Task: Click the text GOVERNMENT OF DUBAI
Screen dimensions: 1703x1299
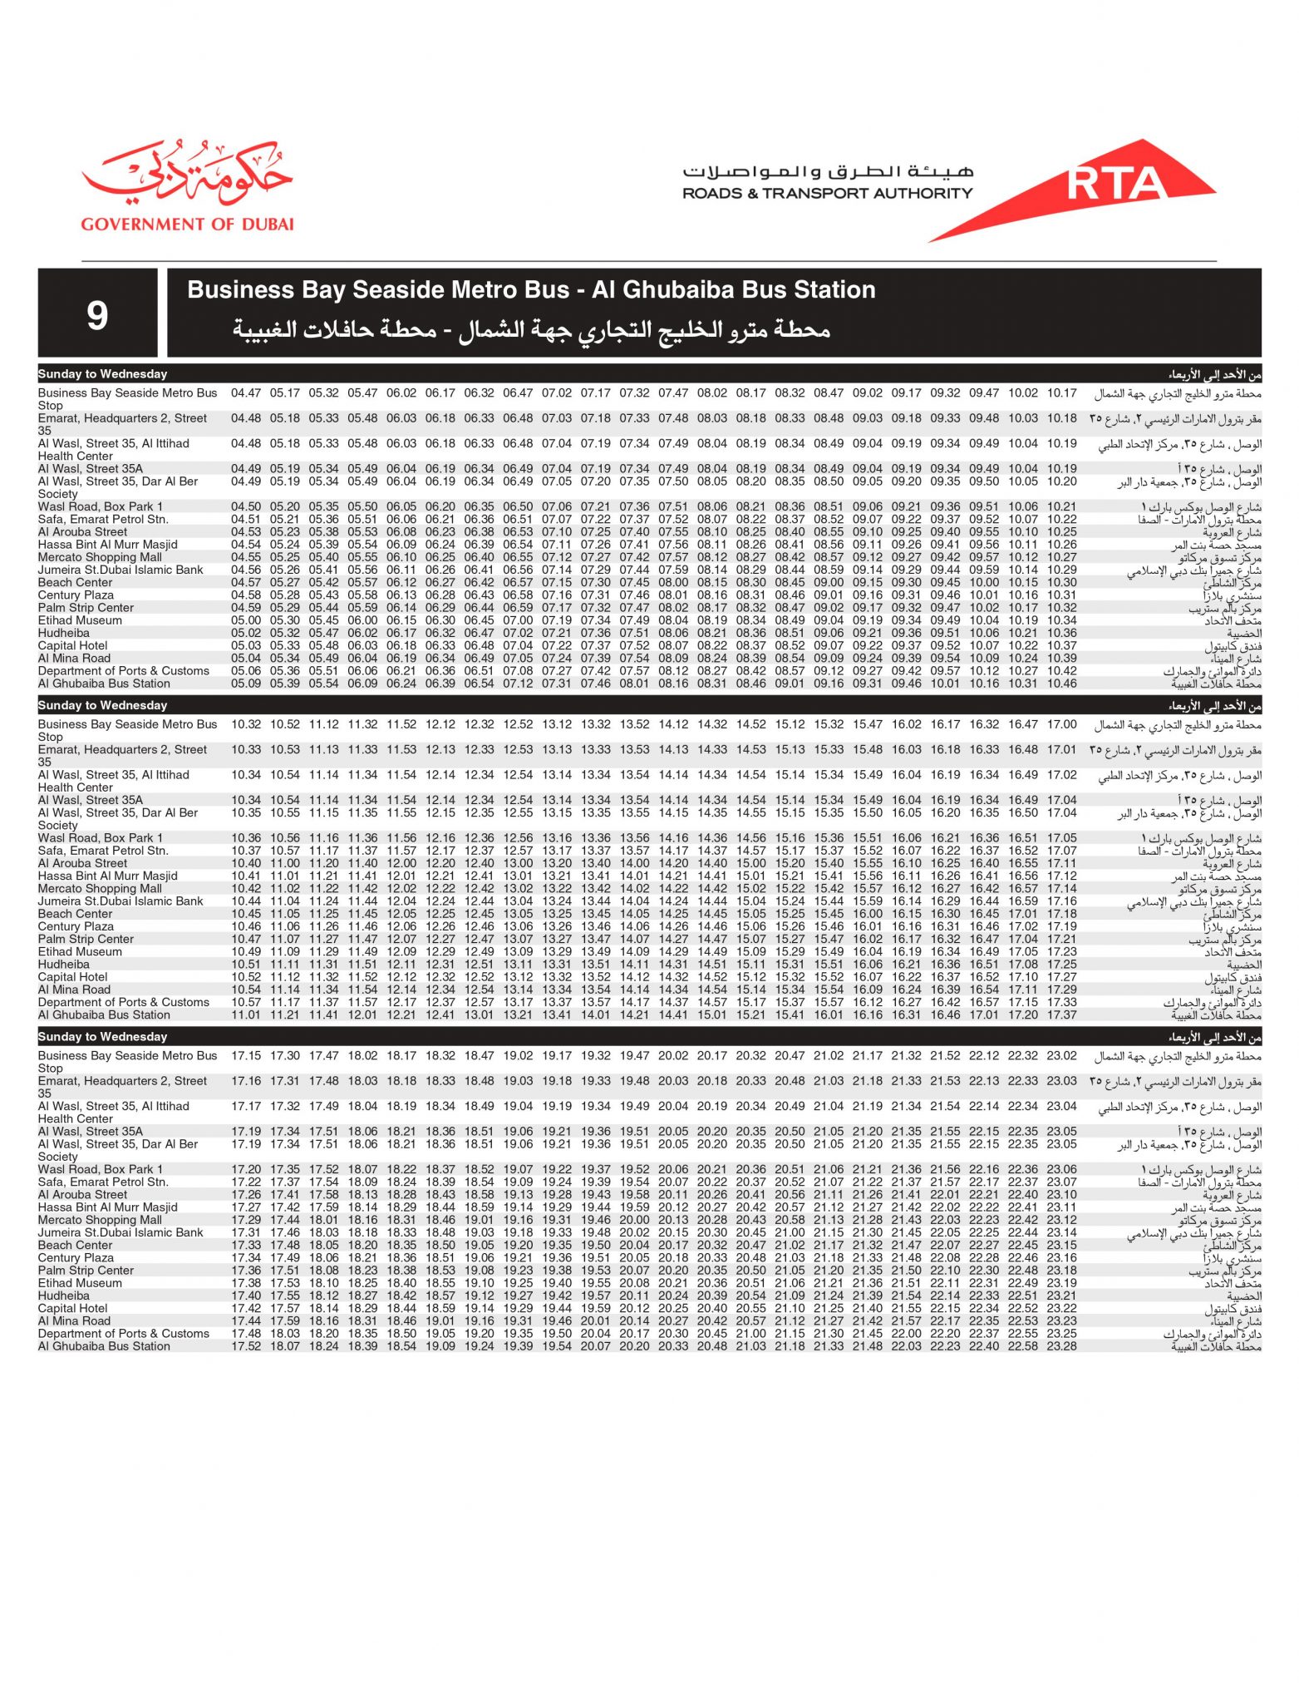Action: [187, 224]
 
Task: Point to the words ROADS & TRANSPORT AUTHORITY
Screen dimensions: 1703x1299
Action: [827, 193]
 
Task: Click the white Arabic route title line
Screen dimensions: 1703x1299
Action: [531, 329]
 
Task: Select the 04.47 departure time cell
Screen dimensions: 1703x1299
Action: [246, 392]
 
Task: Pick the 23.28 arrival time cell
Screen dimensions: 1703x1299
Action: [1061, 1345]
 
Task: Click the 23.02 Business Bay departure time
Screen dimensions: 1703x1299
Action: [1061, 1055]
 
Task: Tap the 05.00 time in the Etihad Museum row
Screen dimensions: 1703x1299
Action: [246, 620]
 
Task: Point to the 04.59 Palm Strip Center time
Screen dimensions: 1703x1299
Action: [246, 608]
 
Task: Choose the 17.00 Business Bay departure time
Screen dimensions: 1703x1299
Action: [1061, 724]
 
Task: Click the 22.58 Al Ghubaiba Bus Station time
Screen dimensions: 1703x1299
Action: [1022, 1345]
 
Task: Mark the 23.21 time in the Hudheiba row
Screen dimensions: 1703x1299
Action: [1061, 1296]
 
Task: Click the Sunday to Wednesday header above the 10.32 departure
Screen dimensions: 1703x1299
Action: [102, 705]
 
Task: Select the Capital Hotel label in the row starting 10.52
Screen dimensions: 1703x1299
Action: [73, 977]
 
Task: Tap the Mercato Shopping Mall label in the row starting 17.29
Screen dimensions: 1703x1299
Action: [100, 1220]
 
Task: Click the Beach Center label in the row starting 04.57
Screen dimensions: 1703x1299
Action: [75, 582]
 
